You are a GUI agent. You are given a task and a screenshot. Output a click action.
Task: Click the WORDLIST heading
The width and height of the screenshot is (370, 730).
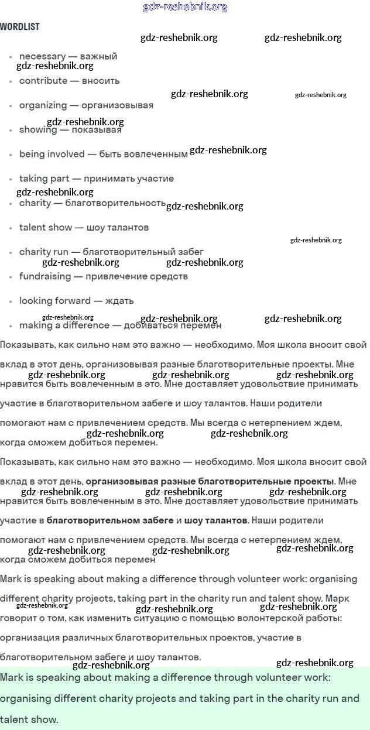(20, 27)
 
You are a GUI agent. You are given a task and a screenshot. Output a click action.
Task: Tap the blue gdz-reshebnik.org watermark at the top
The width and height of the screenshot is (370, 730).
(185, 7)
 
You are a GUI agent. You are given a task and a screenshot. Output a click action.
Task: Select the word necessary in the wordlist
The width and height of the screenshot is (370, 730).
(42, 56)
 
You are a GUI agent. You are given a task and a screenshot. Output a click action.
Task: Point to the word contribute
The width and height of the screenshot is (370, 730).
(43, 81)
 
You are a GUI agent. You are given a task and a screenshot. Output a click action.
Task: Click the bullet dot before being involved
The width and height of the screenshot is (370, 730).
(11, 155)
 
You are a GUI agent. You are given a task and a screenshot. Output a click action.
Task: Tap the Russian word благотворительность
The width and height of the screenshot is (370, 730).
(115, 203)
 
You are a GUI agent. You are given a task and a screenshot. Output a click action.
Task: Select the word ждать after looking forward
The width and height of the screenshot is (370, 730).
(119, 301)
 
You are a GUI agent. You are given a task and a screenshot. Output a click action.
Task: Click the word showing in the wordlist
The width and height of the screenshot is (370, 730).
(38, 130)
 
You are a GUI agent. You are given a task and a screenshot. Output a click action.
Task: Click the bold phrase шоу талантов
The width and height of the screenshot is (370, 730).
(215, 520)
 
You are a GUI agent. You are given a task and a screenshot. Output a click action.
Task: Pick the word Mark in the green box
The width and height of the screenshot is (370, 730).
(11, 678)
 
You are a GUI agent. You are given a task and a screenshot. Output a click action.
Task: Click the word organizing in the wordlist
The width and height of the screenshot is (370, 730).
(43, 105)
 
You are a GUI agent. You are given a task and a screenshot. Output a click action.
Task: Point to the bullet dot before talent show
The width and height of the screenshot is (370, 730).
(11, 228)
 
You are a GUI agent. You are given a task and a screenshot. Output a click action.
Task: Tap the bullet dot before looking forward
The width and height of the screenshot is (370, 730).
(11, 301)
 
